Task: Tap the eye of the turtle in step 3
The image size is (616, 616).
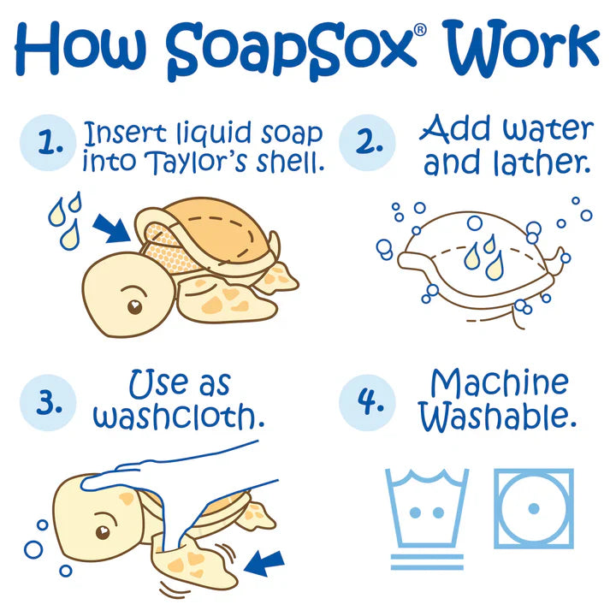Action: pyautogui.click(x=103, y=531)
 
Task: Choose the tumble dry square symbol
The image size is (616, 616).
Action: pyautogui.click(x=533, y=508)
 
